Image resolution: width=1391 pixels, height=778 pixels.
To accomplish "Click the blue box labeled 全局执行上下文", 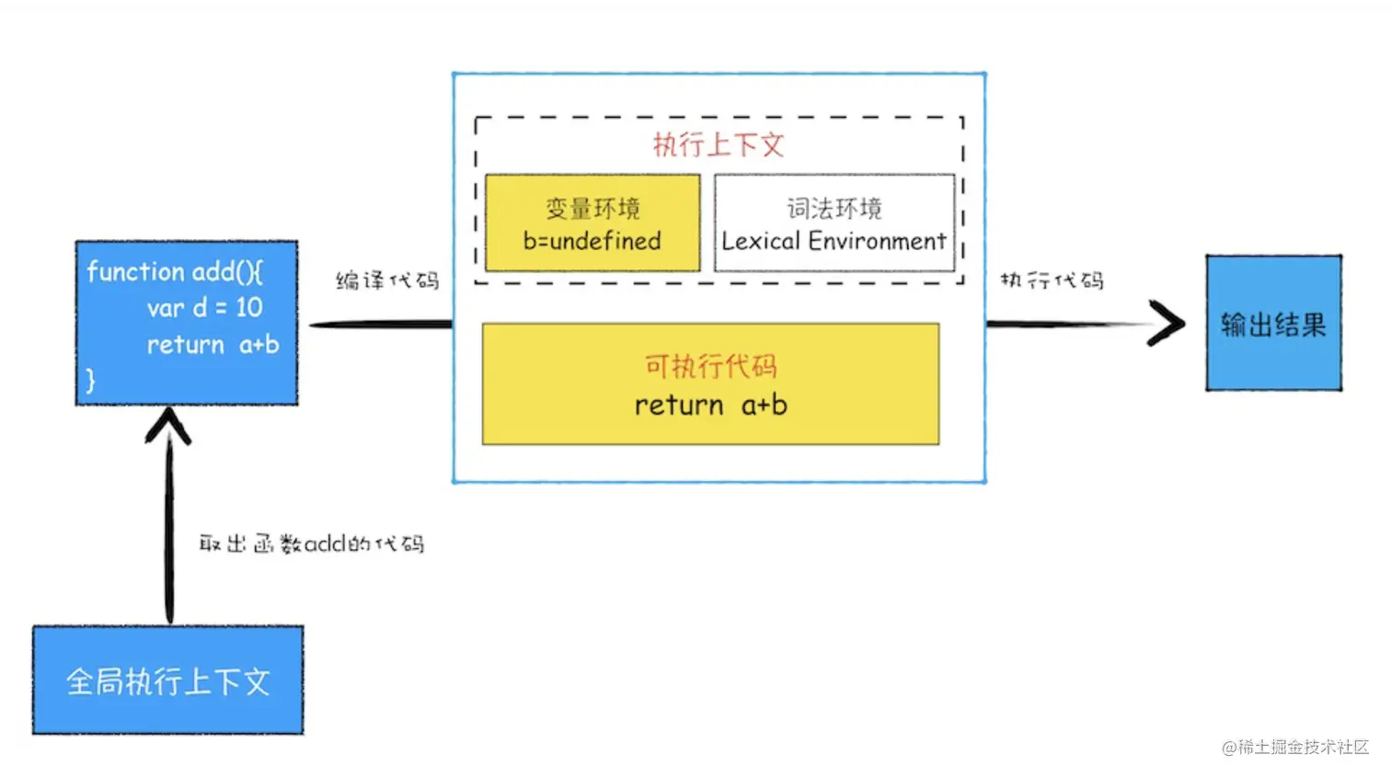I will click(168, 681).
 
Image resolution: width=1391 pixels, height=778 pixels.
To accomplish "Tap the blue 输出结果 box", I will click(1273, 324).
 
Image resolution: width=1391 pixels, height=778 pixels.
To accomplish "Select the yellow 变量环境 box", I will click(592, 223).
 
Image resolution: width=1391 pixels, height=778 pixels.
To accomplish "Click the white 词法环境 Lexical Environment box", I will click(834, 223).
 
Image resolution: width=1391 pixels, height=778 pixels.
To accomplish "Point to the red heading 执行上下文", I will click(718, 144).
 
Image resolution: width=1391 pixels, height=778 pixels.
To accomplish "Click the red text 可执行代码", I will click(710, 366).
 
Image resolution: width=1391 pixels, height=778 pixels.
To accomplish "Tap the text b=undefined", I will click(592, 241).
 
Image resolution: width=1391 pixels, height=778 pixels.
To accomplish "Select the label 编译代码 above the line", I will click(387, 280).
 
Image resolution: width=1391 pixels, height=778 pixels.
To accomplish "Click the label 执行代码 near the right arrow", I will click(1052, 280).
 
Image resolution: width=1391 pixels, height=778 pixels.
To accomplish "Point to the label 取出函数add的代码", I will click(311, 543).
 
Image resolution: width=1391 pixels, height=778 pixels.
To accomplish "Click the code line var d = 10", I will click(204, 307).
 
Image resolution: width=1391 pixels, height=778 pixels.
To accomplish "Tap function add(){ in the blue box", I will click(175, 271).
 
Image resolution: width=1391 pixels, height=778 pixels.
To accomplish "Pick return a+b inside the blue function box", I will click(213, 345).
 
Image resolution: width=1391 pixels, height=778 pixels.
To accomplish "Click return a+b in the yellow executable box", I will click(710, 405).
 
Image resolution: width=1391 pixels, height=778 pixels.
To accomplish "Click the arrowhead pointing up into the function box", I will click(168, 426).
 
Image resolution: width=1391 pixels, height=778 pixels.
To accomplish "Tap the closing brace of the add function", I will click(90, 380).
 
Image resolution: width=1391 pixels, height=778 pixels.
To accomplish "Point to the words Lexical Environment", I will click(833, 241).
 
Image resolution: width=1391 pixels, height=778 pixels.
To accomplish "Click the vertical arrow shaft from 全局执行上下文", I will click(169, 533).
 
